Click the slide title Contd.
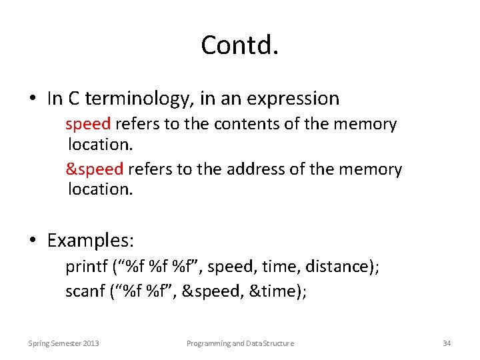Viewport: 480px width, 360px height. coord(239,45)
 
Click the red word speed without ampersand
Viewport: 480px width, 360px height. coord(89,124)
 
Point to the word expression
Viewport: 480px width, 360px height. coord(293,99)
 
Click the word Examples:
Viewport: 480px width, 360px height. coord(91,239)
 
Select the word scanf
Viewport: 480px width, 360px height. coord(84,291)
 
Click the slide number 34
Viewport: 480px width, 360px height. coord(447,343)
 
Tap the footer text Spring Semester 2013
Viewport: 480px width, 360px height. coord(63,343)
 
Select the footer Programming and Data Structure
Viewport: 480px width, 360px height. coord(240,343)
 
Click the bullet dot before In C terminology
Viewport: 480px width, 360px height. coord(32,99)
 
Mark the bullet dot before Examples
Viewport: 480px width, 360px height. coord(32,240)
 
